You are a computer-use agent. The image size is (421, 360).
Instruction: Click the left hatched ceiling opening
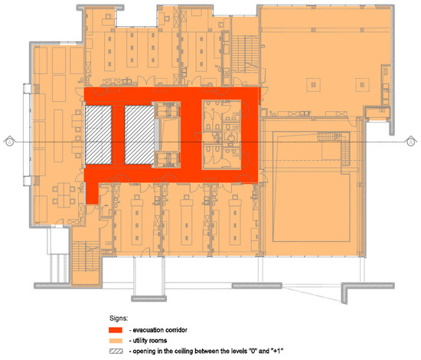97,134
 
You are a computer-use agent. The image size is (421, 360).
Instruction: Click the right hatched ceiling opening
139,134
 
